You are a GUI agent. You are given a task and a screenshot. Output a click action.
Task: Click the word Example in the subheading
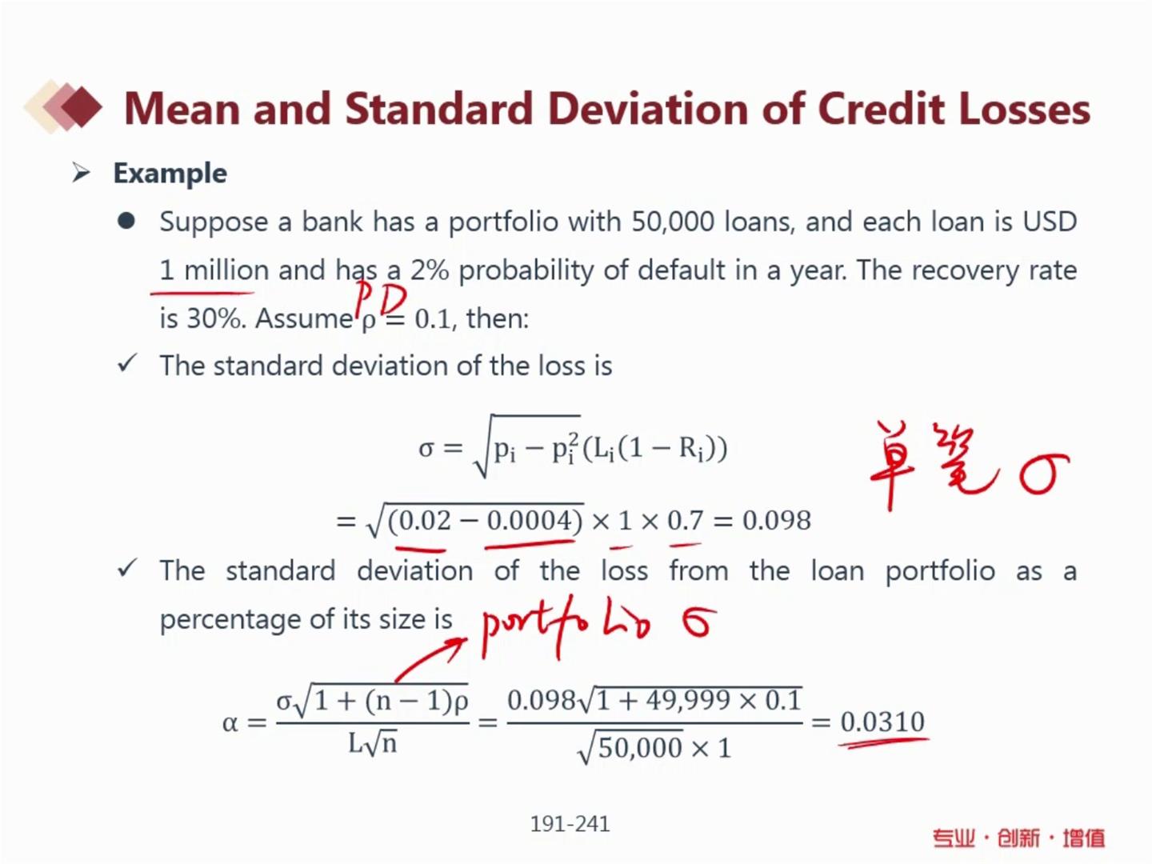click(x=170, y=174)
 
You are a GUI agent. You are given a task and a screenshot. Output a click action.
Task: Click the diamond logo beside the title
click(x=63, y=106)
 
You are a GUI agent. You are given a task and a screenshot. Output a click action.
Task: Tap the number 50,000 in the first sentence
click(x=673, y=222)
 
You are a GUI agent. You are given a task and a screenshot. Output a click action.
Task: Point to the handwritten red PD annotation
click(x=381, y=299)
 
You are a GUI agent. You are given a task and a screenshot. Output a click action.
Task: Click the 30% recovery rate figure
click(x=216, y=318)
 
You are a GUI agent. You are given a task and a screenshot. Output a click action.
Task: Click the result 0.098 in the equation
click(x=777, y=520)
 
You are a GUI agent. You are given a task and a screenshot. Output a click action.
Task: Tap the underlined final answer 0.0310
click(x=882, y=722)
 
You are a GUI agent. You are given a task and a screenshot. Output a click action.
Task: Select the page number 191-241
click(x=570, y=824)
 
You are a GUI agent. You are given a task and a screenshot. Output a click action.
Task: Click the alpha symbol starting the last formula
click(x=230, y=724)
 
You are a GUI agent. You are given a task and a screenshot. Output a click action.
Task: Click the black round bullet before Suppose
click(x=126, y=221)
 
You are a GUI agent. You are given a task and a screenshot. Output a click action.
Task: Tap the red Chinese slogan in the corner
click(x=1018, y=838)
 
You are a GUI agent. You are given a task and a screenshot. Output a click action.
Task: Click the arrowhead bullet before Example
click(x=82, y=173)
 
